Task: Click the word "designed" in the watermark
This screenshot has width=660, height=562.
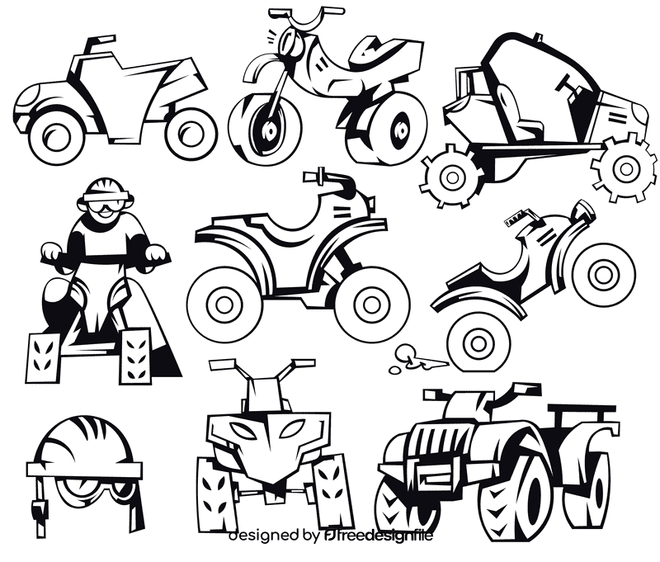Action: tap(264, 536)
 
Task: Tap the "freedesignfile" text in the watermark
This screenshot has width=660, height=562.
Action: tap(389, 536)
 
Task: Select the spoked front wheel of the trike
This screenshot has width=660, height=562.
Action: tap(264, 127)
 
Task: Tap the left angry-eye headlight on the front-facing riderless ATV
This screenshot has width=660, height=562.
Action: tap(239, 430)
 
